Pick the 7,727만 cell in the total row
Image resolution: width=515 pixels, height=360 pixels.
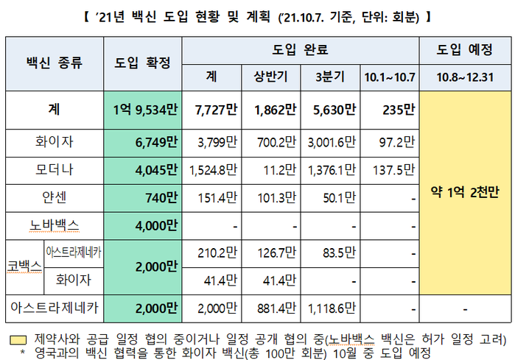pyautogui.click(x=213, y=110)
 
